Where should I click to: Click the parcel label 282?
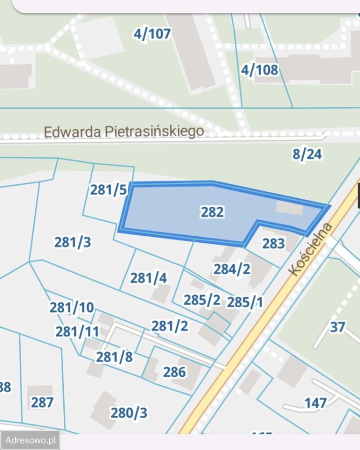point(212,212)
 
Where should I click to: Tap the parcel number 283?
point(274,243)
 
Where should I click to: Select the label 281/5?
point(108,190)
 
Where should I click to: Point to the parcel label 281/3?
point(73,242)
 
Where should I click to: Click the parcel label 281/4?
point(149,278)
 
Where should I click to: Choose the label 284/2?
point(232,269)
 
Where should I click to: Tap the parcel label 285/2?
point(202,300)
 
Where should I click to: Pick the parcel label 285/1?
point(245,302)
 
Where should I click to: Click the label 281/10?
point(72,308)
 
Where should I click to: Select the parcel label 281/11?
point(77,332)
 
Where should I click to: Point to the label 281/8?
point(114,357)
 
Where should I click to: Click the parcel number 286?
point(175,372)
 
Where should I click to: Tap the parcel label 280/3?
point(129,413)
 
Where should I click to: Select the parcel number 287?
point(42,402)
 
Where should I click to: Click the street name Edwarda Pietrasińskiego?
point(124,131)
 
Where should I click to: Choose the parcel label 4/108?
point(259,70)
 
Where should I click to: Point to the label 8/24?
point(307,154)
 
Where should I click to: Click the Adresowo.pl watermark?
point(30,440)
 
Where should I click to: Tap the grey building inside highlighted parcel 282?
point(289,208)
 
